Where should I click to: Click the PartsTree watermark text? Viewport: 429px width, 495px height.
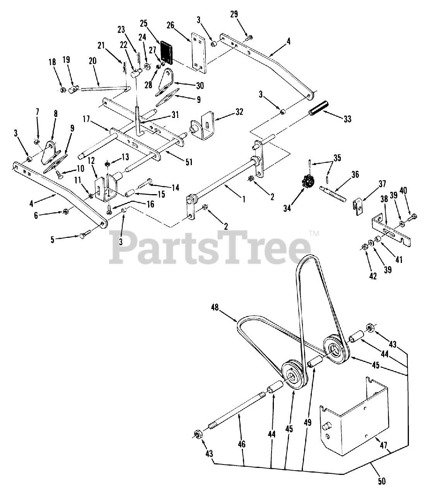(x=211, y=244)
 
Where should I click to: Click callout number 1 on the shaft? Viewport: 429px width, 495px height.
(x=243, y=200)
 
